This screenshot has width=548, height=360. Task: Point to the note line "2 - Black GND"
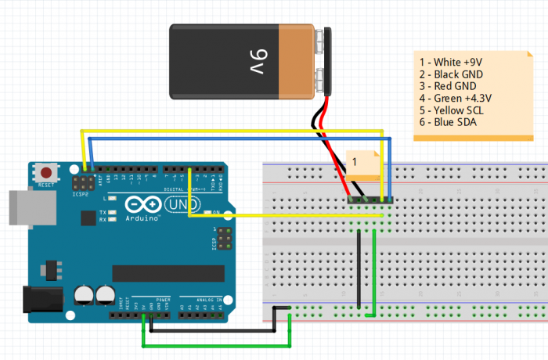451,74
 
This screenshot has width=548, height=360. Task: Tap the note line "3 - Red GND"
448,86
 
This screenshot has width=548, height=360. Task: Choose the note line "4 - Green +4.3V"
456,98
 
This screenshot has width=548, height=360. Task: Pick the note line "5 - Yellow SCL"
452,110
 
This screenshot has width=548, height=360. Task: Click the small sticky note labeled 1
359,162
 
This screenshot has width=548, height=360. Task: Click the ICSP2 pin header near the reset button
82,182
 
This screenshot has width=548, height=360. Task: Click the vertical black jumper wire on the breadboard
359,270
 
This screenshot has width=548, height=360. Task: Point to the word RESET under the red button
47,185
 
